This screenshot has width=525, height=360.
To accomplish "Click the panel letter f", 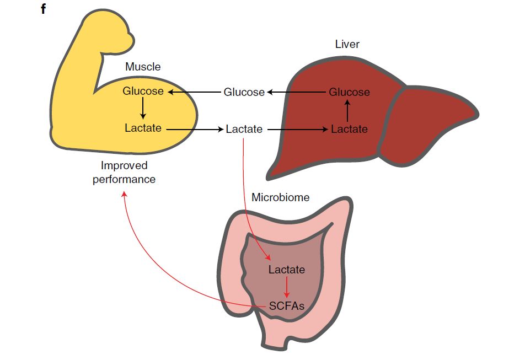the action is point(43,9).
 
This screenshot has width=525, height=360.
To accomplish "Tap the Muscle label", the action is point(143,67).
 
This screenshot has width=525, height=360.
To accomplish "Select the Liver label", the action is point(347,44).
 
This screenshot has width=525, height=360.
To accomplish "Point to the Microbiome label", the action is point(281,197).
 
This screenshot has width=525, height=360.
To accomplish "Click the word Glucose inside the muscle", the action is point(143,91).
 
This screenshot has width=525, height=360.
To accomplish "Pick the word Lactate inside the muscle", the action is point(143,128).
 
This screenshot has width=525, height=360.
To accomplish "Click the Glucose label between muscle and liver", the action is point(244,92).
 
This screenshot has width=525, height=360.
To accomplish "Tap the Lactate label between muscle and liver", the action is point(244,129).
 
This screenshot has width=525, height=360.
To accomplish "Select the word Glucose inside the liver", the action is point(349,92).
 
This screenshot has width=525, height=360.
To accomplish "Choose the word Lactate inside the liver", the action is point(349,129).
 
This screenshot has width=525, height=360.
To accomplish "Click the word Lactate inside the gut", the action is point(287,270).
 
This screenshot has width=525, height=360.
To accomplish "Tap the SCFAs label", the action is point(287,306).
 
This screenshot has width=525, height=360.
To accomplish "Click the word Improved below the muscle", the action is point(124,165).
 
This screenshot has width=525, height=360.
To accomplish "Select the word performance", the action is point(124,179).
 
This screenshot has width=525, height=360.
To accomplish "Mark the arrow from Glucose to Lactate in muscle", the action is point(143,108).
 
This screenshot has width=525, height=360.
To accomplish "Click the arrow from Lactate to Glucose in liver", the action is point(347,111).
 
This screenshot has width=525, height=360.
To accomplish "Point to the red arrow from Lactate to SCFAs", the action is point(287,287).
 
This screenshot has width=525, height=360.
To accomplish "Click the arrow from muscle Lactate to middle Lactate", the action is point(195,129).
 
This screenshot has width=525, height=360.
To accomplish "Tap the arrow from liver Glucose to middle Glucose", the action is point(297,92).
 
